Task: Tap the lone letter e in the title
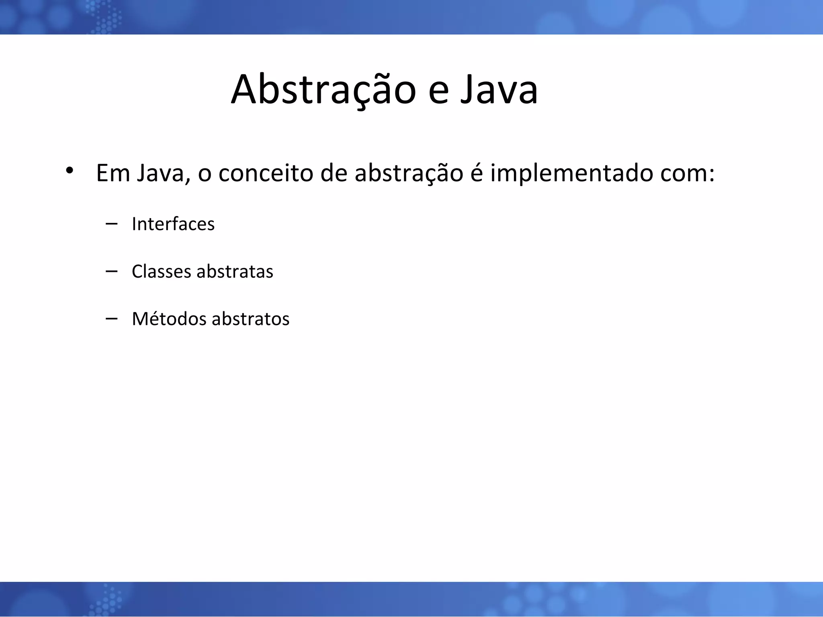pyautogui.click(x=438, y=93)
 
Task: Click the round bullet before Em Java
pyautogui.click(x=70, y=170)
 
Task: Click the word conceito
pyautogui.click(x=266, y=173)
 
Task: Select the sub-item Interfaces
pyautogui.click(x=173, y=224)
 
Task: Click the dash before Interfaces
pyautogui.click(x=111, y=224)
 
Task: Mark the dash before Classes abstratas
pyautogui.click(x=111, y=272)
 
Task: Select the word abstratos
pyautogui.click(x=250, y=319)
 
